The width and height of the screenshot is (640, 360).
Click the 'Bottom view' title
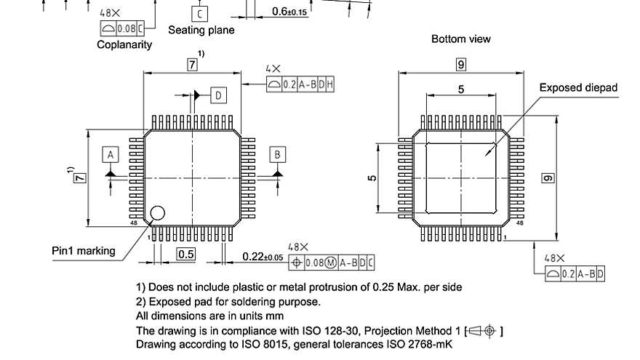point(460,39)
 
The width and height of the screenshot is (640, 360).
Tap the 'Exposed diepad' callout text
point(577,88)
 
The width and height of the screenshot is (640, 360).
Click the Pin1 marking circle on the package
point(157,214)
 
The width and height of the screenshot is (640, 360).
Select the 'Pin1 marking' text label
point(83,251)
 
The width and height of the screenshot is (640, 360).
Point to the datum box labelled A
point(111,155)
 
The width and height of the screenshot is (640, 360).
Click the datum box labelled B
point(277,154)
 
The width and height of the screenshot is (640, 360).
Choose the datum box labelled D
point(219,95)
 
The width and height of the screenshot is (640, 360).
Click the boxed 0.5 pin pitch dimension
point(186,254)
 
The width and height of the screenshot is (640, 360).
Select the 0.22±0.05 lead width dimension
point(263,257)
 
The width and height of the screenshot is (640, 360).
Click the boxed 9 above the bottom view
point(461,65)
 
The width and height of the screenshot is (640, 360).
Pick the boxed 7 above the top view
point(192,65)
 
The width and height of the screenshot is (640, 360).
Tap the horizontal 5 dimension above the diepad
point(460,89)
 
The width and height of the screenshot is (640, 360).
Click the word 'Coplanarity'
point(124,44)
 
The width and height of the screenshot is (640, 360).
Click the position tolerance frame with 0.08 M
point(332,263)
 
